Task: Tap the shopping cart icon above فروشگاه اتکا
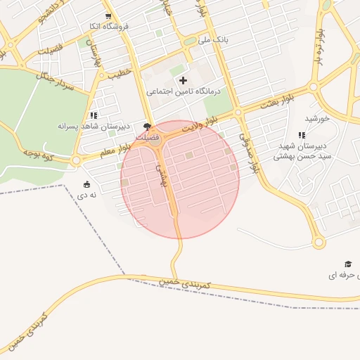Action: point(108,15)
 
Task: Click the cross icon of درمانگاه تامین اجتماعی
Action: point(184,80)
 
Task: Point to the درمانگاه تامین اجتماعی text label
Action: point(184,91)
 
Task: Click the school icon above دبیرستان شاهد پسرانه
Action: point(94,115)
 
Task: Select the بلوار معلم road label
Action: point(117,148)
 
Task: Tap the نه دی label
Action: point(87,194)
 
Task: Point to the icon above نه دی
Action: point(87,184)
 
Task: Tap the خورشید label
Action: point(318,119)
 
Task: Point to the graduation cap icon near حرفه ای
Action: point(347,263)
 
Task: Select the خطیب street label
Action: point(120,72)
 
